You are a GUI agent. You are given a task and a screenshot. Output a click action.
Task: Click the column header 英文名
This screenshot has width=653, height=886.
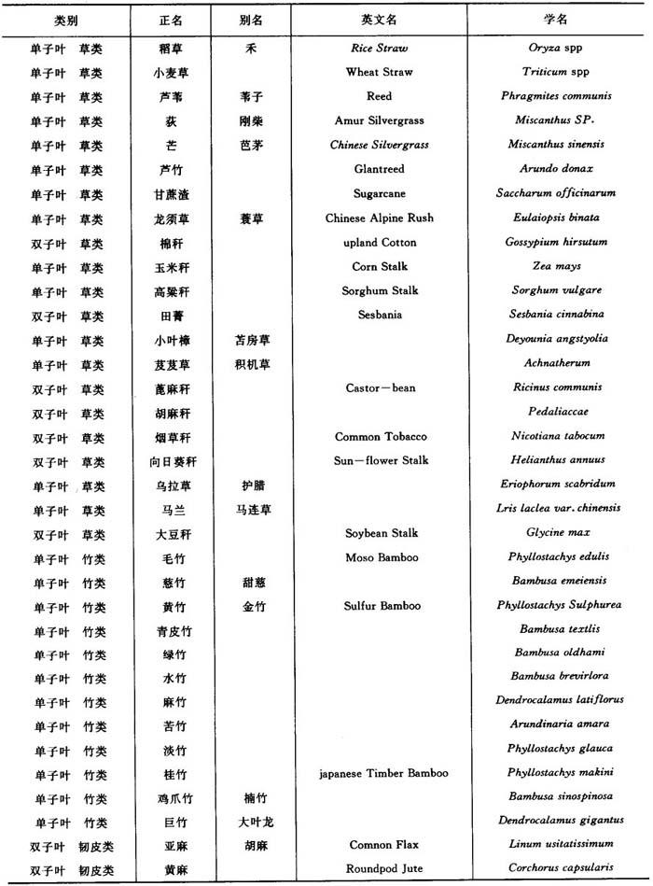point(379,19)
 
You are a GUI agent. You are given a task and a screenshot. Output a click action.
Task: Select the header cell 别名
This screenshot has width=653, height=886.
point(251,19)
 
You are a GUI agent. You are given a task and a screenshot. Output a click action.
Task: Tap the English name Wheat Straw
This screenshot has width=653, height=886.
point(379,72)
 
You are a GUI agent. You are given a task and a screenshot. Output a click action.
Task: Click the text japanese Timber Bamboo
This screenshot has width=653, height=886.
point(383,773)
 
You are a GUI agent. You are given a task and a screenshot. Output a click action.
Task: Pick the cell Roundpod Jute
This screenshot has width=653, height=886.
point(383,869)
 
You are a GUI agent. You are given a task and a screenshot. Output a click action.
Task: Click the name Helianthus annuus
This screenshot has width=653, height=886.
point(558,460)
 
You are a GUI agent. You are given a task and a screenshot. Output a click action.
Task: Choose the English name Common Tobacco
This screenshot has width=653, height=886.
point(381,436)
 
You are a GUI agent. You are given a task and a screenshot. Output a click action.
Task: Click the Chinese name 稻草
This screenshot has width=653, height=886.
point(172,48)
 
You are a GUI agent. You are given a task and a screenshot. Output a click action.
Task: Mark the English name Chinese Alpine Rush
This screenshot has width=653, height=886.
point(379,218)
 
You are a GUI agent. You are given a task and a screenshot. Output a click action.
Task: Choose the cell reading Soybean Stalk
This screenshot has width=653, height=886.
point(381,533)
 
